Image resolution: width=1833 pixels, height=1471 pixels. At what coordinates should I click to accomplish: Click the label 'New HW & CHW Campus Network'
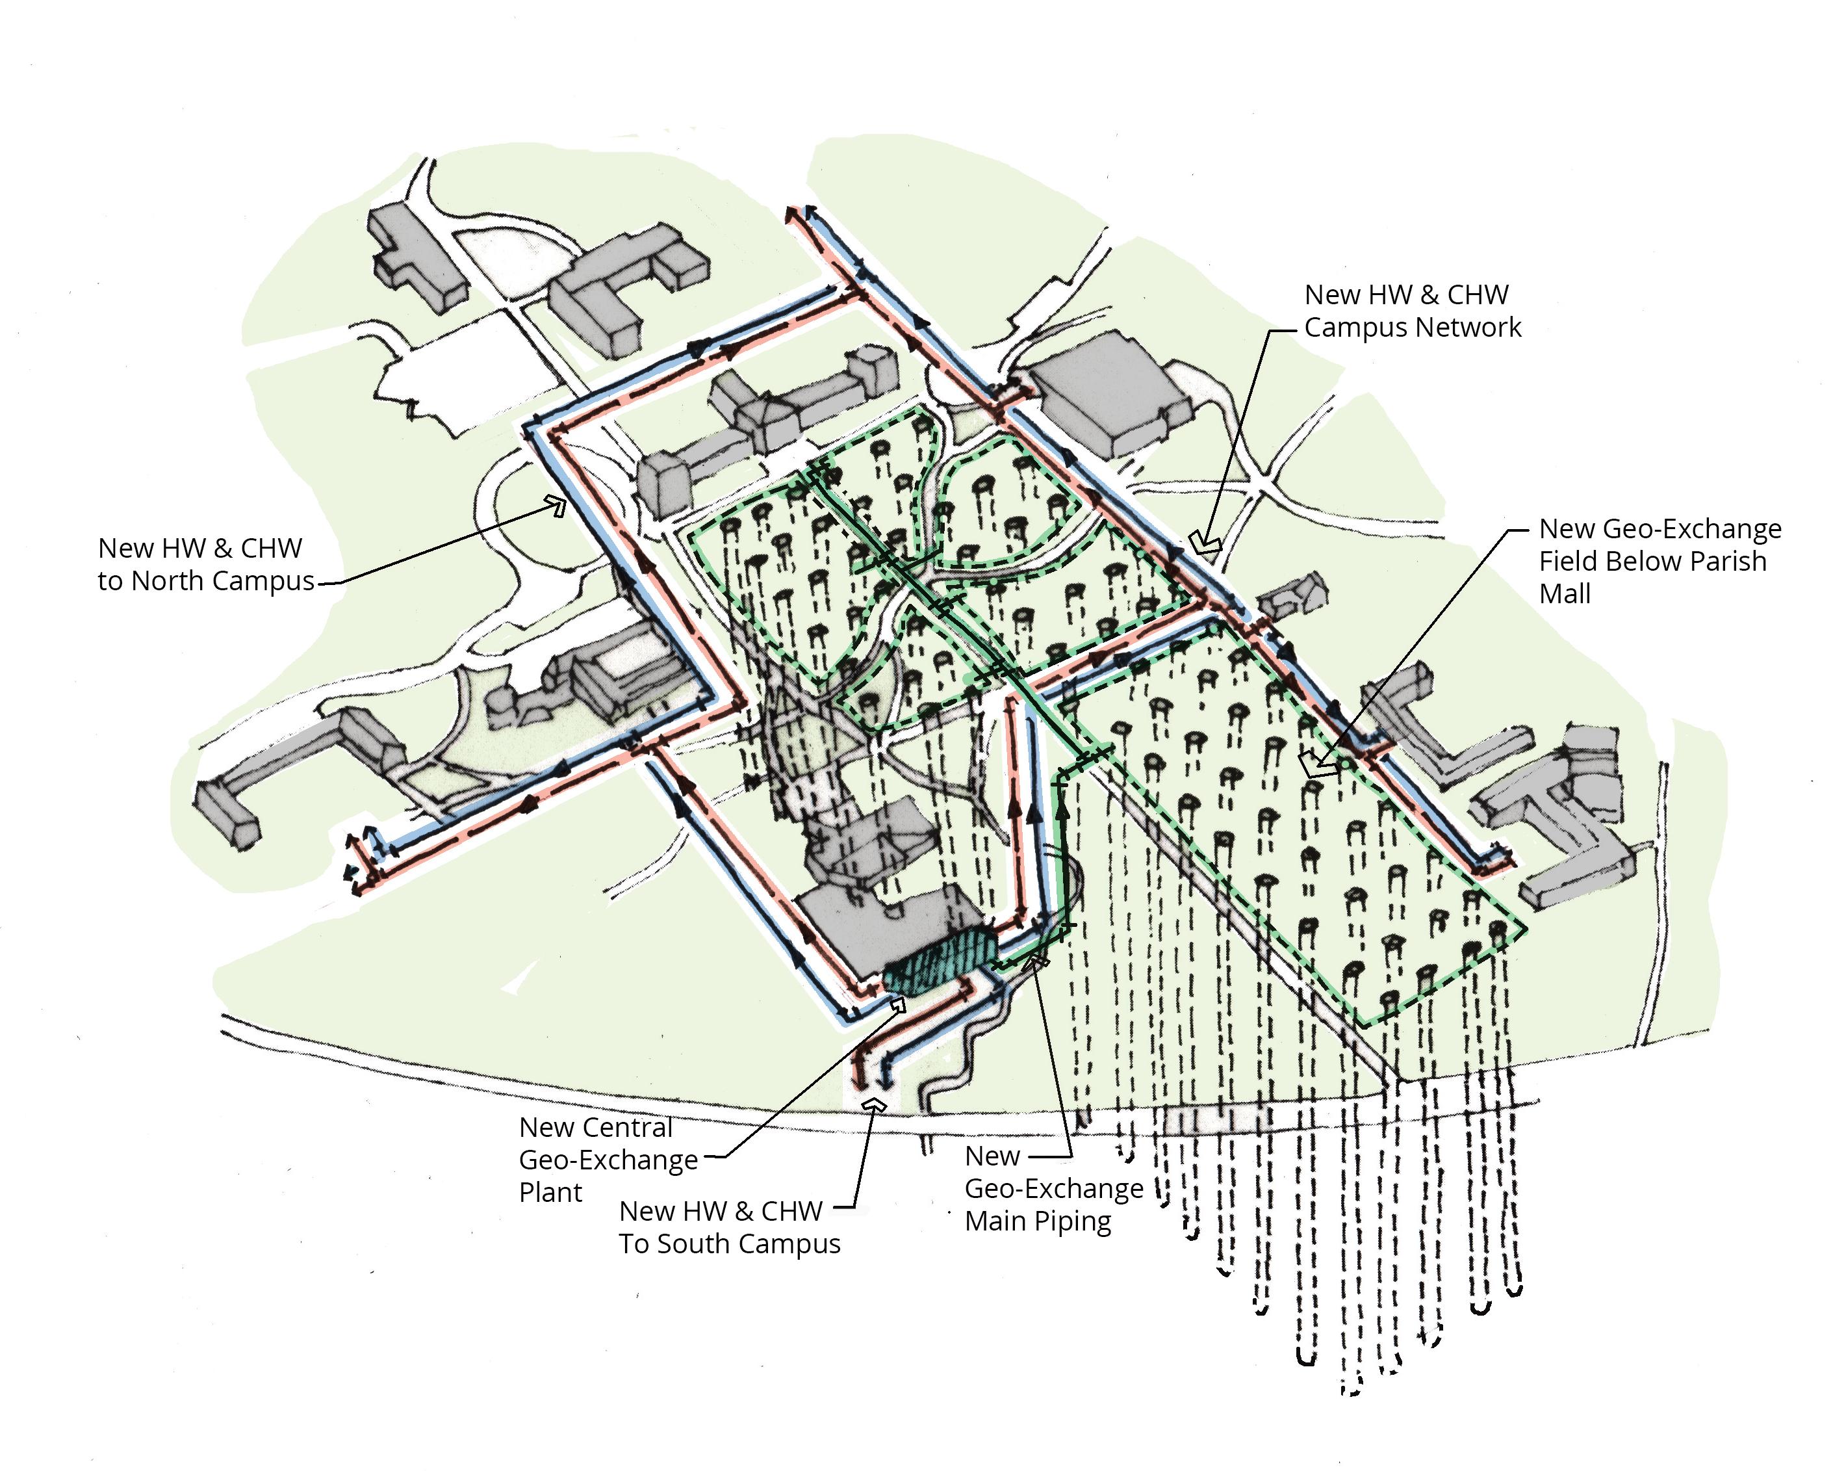click(1411, 311)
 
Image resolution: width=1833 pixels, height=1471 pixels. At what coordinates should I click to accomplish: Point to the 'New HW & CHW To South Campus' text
click(728, 1227)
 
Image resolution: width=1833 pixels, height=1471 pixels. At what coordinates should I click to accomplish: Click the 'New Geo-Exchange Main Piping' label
click(1053, 1189)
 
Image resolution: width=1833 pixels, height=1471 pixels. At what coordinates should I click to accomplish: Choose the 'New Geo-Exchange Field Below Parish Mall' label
click(1659, 561)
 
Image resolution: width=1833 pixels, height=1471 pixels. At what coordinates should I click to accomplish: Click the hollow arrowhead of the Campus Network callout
click(1205, 541)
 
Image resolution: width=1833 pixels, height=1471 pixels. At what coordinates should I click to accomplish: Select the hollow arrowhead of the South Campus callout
click(873, 1104)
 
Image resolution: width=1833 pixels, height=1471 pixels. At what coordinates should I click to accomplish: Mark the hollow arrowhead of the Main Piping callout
click(1039, 961)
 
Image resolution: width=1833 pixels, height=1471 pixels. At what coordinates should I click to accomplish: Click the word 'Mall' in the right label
click(1565, 593)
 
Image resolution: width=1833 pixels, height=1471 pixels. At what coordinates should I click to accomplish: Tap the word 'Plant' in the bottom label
click(550, 1192)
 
